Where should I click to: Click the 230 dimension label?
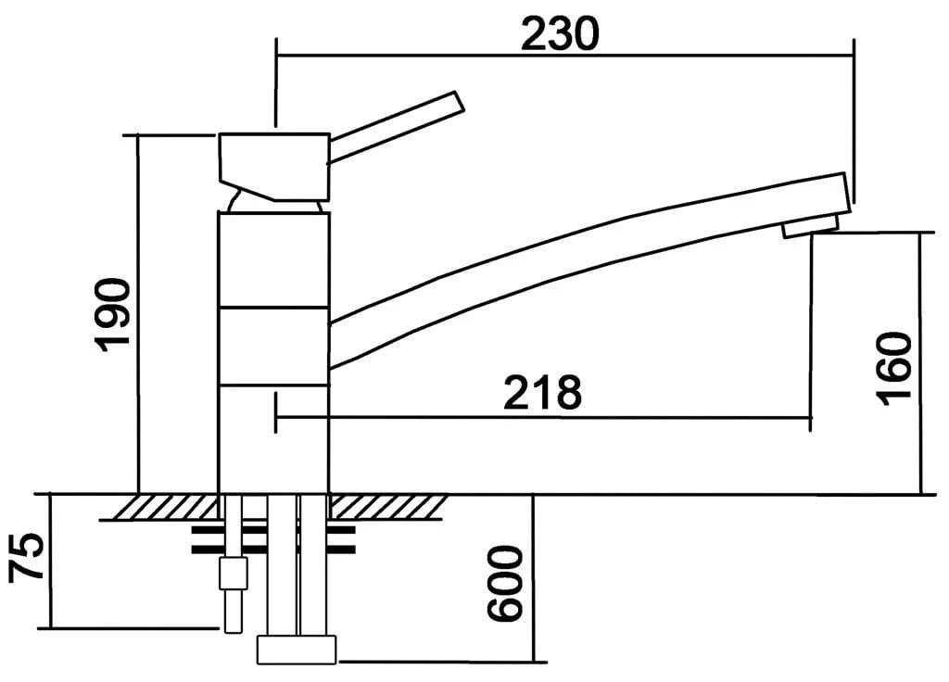pyautogui.click(x=560, y=33)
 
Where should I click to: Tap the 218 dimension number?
pyautogui.click(x=542, y=393)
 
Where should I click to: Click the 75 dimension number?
pyautogui.click(x=28, y=557)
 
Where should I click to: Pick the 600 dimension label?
pyautogui.click(x=506, y=584)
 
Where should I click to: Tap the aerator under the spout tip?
pyautogui.click(x=811, y=226)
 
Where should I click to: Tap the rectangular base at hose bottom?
pyautogui.click(x=297, y=649)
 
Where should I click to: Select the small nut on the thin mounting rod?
pyautogui.click(x=232, y=574)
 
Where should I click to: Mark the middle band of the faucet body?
pyautogui.click(x=273, y=345)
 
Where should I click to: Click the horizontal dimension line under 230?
pyautogui.click(x=565, y=55)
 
